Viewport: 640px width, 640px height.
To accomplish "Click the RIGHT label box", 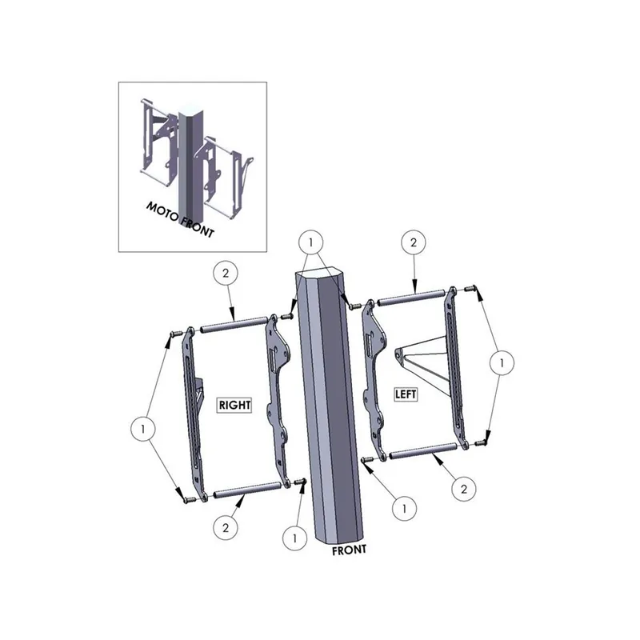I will (x=234, y=406).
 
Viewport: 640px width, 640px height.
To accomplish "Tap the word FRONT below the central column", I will (x=350, y=550).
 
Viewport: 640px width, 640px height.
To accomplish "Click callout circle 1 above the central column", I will (x=311, y=241).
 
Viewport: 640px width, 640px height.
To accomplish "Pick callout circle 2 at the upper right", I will (x=414, y=241).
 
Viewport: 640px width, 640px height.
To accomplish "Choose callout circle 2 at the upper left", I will (x=226, y=274).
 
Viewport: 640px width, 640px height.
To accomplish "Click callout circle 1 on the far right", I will (x=501, y=363).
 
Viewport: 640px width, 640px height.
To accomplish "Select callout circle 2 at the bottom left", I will (x=226, y=526).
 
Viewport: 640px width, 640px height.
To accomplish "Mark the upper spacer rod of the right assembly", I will (x=233, y=324).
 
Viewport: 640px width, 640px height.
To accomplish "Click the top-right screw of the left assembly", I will (x=471, y=290).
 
